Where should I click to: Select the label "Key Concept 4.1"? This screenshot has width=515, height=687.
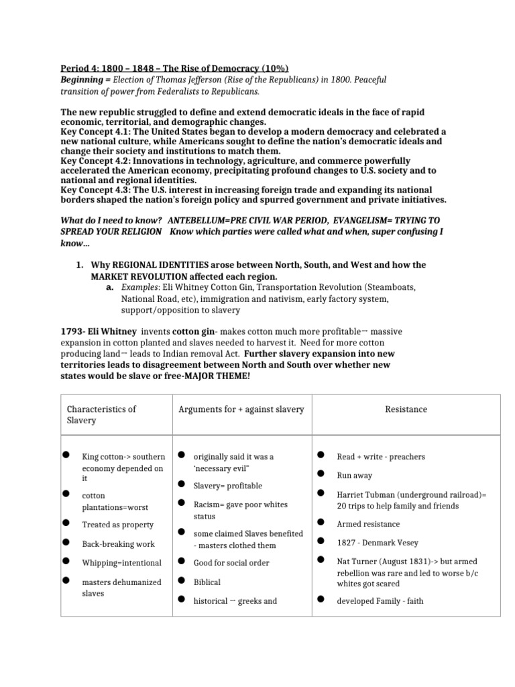pos(97,132)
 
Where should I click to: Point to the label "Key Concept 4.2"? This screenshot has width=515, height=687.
pos(97,161)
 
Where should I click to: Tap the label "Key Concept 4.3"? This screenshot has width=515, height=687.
pos(97,190)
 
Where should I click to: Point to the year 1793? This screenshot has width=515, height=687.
pos(72,331)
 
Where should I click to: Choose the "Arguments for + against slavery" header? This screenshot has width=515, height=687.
pos(241,409)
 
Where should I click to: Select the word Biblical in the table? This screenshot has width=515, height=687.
pos(207,582)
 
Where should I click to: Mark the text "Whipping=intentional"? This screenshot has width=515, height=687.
pos(122,563)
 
